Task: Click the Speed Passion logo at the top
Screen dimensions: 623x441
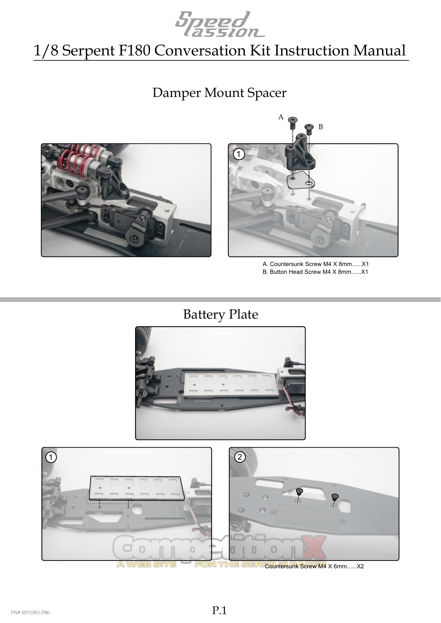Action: point(220,24)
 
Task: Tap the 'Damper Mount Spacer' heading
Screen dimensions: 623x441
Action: point(219,93)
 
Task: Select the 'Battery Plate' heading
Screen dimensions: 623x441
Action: point(220,314)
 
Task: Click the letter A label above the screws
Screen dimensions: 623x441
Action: point(281,117)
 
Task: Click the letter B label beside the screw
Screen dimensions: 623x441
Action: point(321,127)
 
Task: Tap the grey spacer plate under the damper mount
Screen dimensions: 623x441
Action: point(300,181)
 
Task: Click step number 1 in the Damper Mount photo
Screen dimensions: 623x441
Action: point(240,155)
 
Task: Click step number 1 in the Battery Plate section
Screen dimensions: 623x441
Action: point(51,458)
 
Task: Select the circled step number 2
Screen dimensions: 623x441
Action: point(240,457)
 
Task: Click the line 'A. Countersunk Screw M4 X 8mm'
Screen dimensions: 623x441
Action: point(315,264)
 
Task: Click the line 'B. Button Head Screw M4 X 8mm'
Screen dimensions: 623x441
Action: point(315,272)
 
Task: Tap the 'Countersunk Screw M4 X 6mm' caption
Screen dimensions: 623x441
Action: point(314,566)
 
